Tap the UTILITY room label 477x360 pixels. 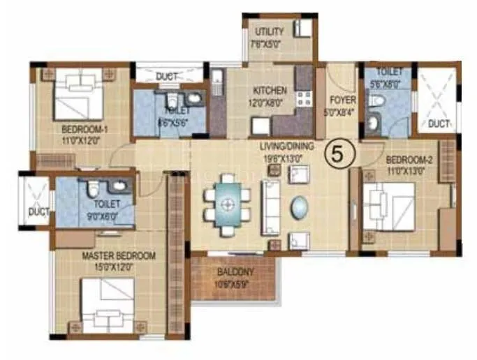click(270, 32)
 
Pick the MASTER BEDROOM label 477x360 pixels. click(119, 256)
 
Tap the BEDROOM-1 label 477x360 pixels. click(85, 129)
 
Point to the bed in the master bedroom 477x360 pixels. click(108, 305)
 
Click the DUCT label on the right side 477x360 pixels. click(439, 123)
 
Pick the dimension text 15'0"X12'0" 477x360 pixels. click(119, 267)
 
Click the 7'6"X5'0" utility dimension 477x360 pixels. click(270, 43)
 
